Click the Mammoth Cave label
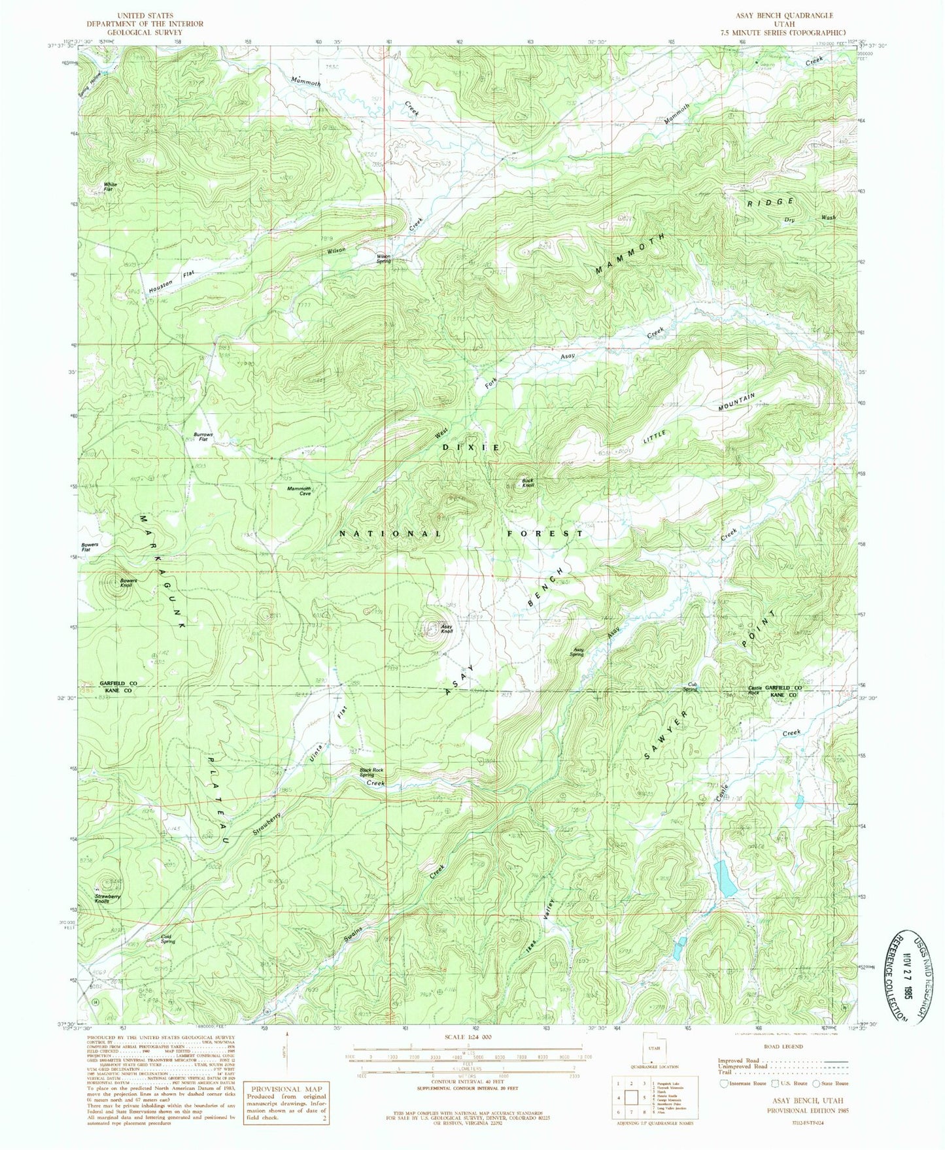299,491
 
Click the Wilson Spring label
383,258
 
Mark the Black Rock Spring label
371,773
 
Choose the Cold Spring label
168,939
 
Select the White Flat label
110,187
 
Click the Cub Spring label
691,686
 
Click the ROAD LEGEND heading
782,1047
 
